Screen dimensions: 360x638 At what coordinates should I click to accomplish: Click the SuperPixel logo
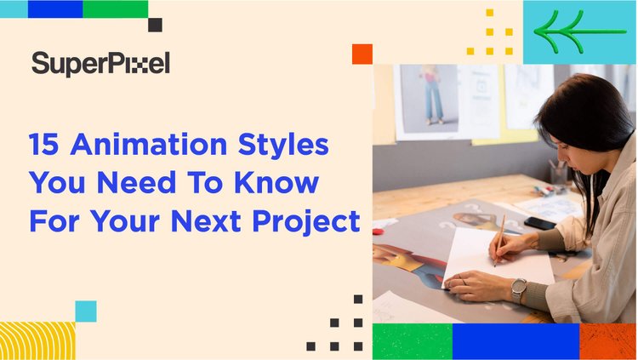point(100,62)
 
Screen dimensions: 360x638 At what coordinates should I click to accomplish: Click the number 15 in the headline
point(44,145)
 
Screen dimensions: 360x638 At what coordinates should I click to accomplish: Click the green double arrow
point(578,32)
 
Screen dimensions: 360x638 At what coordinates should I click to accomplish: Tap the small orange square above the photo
point(362,54)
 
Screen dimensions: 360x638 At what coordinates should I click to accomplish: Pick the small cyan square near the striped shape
point(85,311)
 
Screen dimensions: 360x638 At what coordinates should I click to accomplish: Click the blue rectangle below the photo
point(516,341)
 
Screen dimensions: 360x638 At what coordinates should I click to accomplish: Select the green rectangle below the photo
point(412,341)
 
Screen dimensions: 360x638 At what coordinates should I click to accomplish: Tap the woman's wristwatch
point(518,288)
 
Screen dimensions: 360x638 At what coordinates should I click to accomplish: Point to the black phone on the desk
point(539,223)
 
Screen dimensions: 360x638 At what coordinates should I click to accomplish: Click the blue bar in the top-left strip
point(55,9)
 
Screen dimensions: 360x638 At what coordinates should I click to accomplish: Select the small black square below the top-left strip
point(155,25)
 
